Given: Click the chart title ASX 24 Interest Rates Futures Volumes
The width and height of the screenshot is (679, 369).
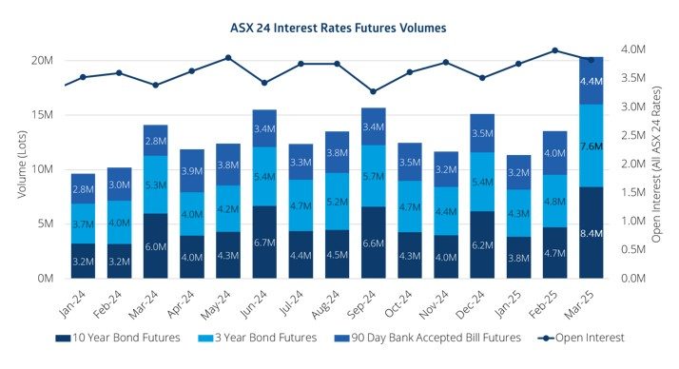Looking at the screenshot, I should [339, 28].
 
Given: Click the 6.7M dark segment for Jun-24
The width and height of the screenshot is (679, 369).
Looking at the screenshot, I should [265, 242].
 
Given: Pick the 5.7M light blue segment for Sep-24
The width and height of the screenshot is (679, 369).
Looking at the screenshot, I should [375, 176].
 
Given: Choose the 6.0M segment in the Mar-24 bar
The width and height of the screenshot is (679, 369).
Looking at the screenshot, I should [156, 245].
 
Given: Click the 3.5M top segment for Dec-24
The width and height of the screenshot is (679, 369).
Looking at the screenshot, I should [483, 133].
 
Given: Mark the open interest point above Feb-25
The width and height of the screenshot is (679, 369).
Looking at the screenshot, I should [555, 50].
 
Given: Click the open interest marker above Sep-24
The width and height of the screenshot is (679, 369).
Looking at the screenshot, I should [374, 91].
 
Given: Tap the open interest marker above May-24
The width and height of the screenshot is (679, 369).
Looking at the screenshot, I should [228, 58].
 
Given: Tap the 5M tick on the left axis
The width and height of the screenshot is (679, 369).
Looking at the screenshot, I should [44, 224].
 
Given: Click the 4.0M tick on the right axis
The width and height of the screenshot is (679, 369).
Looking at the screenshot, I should [634, 49].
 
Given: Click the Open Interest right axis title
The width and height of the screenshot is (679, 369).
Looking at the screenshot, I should [657, 164].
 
